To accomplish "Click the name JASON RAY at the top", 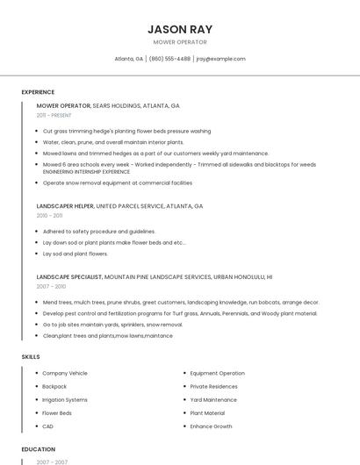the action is click(x=180, y=29).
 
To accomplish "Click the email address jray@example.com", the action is click(x=220, y=59).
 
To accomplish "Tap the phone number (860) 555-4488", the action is click(x=169, y=59).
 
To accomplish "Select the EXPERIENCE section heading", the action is click(x=38, y=92).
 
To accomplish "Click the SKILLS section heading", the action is click(x=31, y=357).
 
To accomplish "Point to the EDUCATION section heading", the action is click(x=39, y=449).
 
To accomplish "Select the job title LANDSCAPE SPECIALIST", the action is click(x=69, y=276).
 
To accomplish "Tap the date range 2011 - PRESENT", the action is click(x=54, y=115).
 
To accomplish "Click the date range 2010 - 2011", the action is click(x=49, y=215).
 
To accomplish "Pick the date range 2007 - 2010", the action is click(x=51, y=286).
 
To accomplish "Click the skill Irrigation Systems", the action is click(x=65, y=399).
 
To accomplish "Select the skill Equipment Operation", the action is click(x=217, y=373).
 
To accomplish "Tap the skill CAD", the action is click(x=47, y=426).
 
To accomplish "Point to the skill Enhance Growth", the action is click(x=211, y=426).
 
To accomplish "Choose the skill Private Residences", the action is click(x=213, y=386).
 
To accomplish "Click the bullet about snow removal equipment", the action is click(x=117, y=182).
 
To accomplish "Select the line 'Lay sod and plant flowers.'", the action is click(x=75, y=254).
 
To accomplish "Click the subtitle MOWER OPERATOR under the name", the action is click(x=180, y=42).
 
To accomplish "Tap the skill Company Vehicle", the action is click(x=65, y=373).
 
